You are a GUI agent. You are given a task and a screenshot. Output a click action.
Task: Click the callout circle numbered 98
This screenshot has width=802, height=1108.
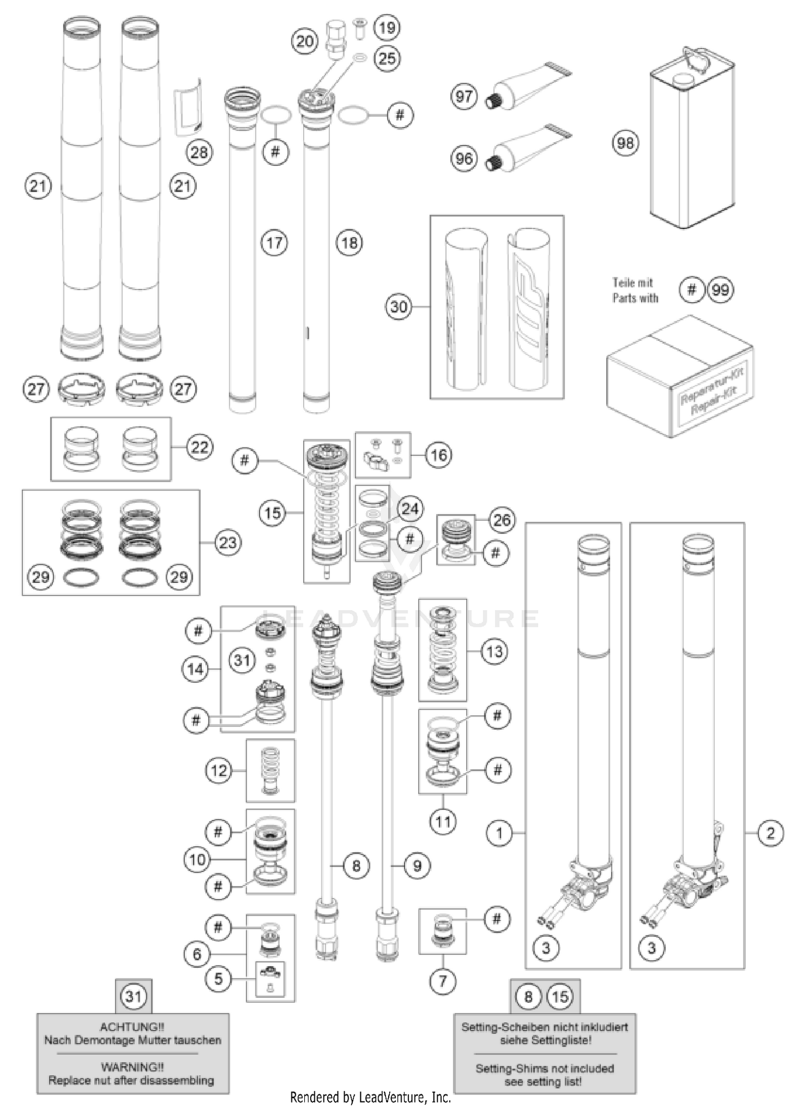click(x=625, y=143)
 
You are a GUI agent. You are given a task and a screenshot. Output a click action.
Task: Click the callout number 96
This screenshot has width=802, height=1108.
click(x=464, y=158)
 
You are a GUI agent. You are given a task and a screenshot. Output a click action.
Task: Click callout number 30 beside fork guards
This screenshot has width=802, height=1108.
click(x=399, y=307)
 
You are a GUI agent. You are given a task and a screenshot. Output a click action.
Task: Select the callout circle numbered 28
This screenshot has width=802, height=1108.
click(x=199, y=152)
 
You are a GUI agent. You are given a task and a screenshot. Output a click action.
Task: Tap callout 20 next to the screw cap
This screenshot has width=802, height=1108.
click(x=305, y=41)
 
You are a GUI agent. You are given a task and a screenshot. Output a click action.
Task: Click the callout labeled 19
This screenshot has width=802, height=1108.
click(x=387, y=27)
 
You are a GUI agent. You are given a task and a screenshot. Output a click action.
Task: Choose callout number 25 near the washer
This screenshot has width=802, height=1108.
click(x=387, y=58)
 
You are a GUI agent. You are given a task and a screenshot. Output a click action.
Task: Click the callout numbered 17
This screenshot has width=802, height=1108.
click(x=274, y=243)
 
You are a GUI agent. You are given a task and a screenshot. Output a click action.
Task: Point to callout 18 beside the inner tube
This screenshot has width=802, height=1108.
click(x=349, y=243)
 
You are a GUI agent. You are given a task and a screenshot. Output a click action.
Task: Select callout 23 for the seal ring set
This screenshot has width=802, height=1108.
click(x=228, y=543)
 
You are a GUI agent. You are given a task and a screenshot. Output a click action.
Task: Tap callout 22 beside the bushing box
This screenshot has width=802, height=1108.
click(x=199, y=447)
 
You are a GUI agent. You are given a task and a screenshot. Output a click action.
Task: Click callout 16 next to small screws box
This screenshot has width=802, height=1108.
click(x=438, y=455)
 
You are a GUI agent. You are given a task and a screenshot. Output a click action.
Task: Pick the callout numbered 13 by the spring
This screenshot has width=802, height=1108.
click(x=494, y=651)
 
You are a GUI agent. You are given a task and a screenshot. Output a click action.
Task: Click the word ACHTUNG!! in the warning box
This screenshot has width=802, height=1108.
click(x=132, y=1027)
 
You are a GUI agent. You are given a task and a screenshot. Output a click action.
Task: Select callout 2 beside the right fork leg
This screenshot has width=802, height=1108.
click(x=770, y=833)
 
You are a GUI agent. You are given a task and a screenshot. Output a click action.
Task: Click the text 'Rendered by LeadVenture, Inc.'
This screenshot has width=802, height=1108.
click(x=371, y=1098)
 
